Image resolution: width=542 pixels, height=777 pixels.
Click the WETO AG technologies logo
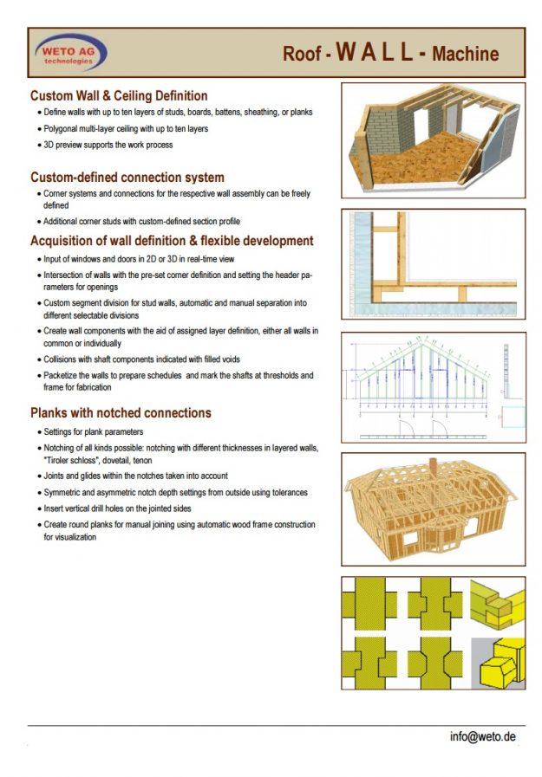click(71, 53)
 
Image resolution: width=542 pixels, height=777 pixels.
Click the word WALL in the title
click(375, 51)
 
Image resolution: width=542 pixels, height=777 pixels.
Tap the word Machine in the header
click(465, 54)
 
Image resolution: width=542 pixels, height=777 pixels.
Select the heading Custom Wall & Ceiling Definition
click(119, 95)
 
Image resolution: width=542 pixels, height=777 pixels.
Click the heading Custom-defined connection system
click(127, 177)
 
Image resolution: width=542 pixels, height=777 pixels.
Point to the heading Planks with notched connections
click(121, 413)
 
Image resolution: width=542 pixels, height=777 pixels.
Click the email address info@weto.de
click(482, 736)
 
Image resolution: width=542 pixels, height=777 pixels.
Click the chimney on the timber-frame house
click(433, 466)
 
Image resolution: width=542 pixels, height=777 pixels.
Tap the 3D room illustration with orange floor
click(434, 140)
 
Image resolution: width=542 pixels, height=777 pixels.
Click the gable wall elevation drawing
click(434, 387)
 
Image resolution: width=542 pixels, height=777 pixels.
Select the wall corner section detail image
click(434, 264)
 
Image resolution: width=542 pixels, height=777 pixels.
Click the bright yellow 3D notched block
click(502, 663)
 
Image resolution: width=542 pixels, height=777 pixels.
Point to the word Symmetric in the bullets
click(61, 493)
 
